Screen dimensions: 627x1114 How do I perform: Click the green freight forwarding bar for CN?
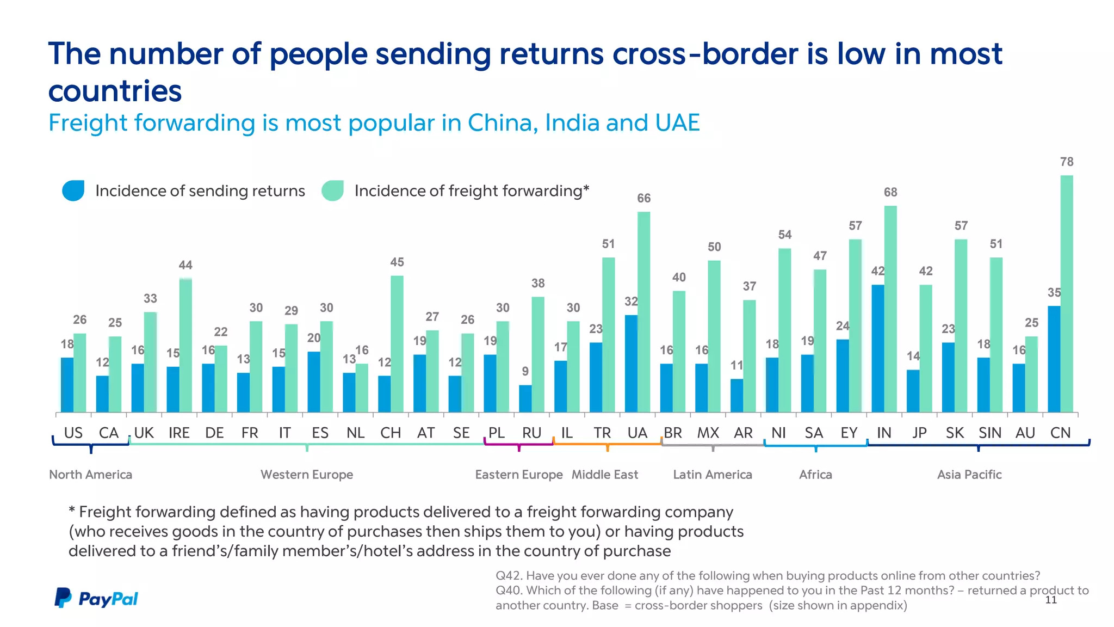click(x=1067, y=294)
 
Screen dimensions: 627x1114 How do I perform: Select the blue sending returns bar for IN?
click(x=877, y=348)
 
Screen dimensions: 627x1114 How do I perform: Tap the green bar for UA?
click(x=643, y=312)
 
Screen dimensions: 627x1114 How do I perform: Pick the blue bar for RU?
click(x=525, y=398)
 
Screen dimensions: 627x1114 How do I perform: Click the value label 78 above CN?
click(x=1067, y=162)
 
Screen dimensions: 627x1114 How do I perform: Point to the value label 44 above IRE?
click(x=185, y=265)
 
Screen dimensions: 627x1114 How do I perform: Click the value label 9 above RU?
click(x=525, y=371)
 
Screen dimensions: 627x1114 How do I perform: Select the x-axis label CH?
click(x=391, y=433)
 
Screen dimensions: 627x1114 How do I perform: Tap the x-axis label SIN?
click(x=989, y=433)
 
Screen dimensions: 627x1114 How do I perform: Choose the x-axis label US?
click(x=73, y=433)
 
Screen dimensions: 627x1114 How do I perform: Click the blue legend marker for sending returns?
click(x=73, y=190)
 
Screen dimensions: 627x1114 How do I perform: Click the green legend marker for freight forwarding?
click(x=332, y=190)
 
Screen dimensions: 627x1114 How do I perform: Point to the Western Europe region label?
click(x=307, y=475)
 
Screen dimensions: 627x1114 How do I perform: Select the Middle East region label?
click(x=604, y=475)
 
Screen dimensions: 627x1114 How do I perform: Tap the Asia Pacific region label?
click(x=969, y=475)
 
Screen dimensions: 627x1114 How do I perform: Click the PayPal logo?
click(x=96, y=598)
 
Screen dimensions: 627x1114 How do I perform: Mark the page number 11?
click(x=1051, y=600)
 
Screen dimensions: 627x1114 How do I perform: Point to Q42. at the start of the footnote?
click(x=509, y=576)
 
